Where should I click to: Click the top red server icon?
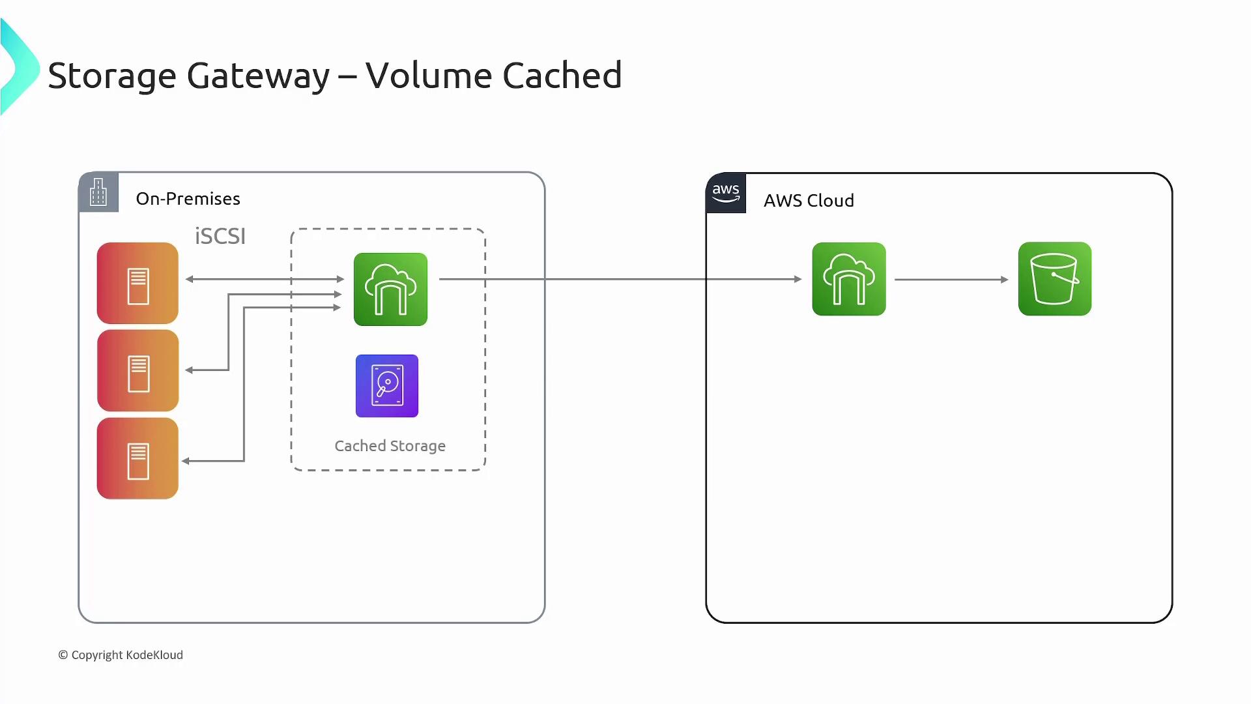(x=137, y=284)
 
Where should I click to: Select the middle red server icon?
(x=137, y=371)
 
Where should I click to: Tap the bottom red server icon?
(x=137, y=459)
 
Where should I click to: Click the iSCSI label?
(x=220, y=236)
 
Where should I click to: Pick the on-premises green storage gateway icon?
(x=390, y=289)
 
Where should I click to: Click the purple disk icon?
(x=387, y=386)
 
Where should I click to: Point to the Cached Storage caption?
(x=390, y=446)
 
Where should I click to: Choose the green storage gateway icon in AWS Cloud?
(x=848, y=279)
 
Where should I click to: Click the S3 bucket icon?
(x=1054, y=279)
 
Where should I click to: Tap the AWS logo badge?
(x=726, y=194)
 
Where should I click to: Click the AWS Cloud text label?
(x=809, y=201)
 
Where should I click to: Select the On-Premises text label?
(x=188, y=199)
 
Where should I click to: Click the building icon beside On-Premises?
(x=98, y=192)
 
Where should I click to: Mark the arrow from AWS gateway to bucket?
(x=951, y=280)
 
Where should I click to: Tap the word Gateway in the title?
(x=258, y=75)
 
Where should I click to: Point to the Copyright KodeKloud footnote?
(x=121, y=655)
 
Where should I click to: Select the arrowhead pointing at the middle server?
(x=189, y=370)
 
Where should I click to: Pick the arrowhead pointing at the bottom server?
(x=186, y=461)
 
